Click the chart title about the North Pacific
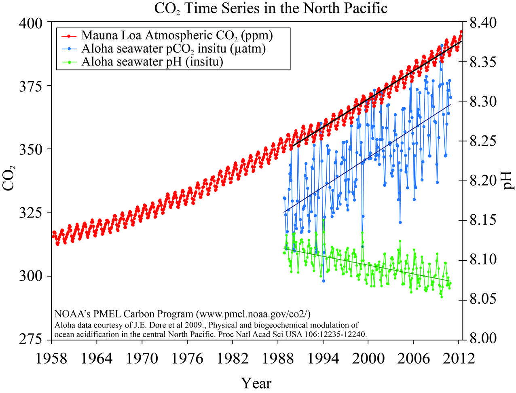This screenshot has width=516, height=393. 271,8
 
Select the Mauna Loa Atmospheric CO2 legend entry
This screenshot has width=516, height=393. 177,36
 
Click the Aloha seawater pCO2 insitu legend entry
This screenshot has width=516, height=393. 173,49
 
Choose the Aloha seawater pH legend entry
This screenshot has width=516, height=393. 152,62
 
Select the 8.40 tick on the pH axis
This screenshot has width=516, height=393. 485,23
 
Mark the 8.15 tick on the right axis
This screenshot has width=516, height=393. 485,220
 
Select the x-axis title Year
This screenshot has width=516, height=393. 256,382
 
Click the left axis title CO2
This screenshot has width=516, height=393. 10,178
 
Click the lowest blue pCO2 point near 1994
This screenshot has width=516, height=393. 323,281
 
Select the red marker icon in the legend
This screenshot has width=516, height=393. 68,36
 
